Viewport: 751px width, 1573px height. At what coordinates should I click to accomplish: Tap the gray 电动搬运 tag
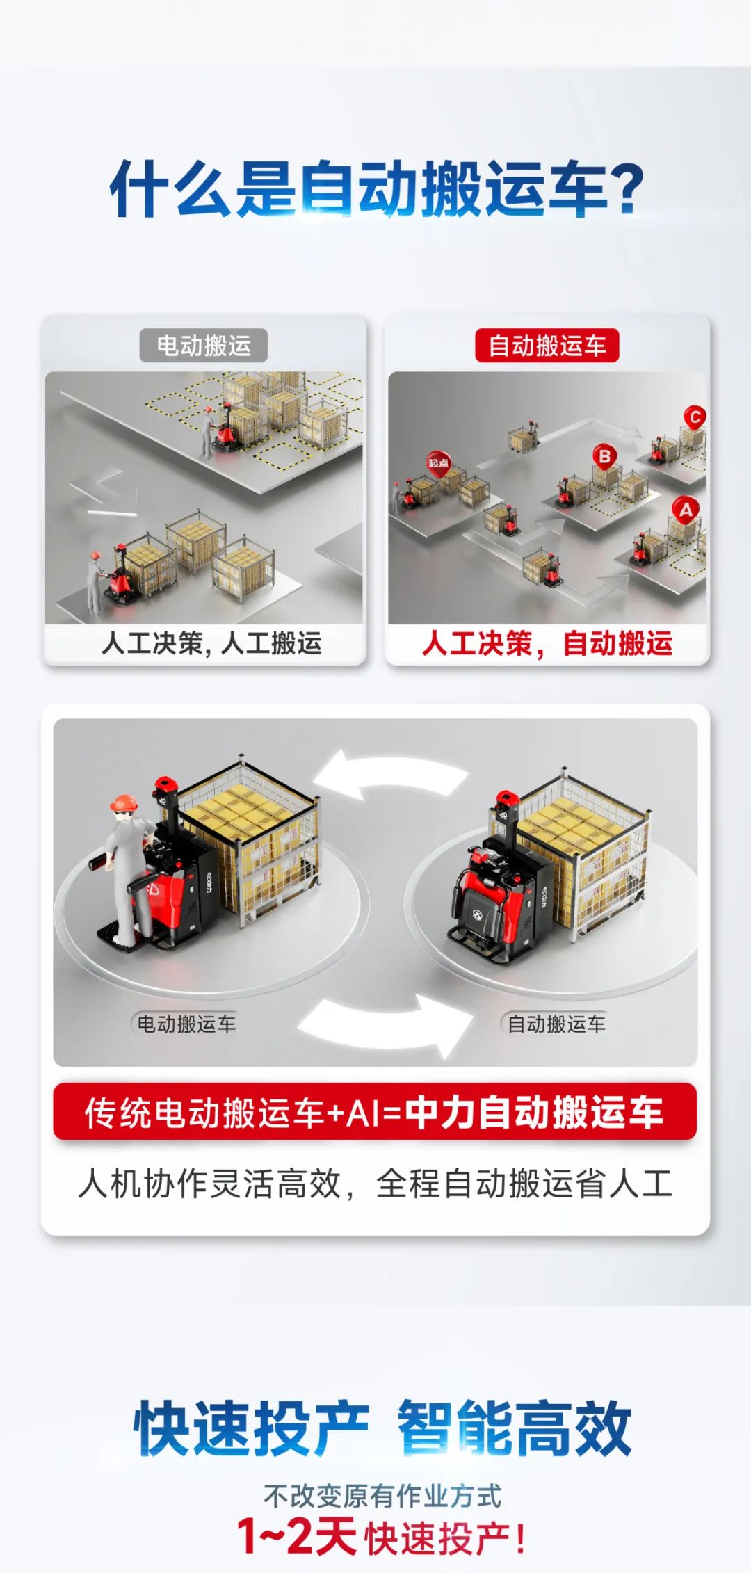(204, 345)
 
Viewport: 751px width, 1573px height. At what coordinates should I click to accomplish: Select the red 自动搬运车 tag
(547, 345)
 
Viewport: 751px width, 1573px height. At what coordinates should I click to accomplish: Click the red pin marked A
(686, 510)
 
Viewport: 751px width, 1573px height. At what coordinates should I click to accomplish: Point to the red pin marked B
(604, 458)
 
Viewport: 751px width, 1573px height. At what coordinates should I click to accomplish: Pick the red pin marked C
(694, 418)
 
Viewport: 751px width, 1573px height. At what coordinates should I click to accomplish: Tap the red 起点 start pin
(438, 464)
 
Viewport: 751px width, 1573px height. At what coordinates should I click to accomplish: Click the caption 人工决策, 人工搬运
(211, 643)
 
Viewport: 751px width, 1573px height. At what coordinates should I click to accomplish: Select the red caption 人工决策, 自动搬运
(547, 643)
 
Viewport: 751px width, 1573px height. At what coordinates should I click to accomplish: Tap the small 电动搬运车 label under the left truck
(186, 1024)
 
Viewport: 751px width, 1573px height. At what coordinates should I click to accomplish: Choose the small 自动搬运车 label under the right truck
(556, 1024)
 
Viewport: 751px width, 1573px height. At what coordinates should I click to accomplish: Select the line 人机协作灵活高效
(209, 1183)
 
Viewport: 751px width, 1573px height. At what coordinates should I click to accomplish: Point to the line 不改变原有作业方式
(382, 1497)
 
